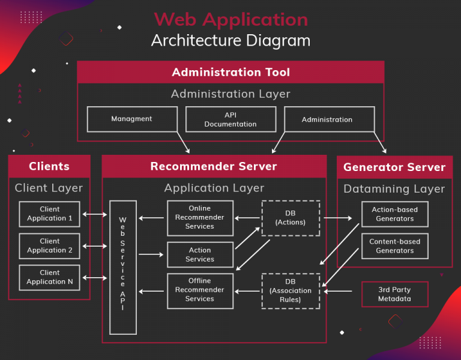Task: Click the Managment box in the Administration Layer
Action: (x=132, y=119)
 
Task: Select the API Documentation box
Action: (x=230, y=119)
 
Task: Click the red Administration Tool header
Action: (x=230, y=73)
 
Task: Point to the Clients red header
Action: (x=49, y=166)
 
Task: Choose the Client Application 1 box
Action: (x=49, y=214)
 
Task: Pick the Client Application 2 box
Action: (x=49, y=245)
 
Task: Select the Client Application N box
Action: (x=49, y=277)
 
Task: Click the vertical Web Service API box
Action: (x=123, y=267)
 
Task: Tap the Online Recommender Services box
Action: (x=200, y=218)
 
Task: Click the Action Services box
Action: (x=200, y=254)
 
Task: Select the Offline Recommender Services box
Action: (x=200, y=290)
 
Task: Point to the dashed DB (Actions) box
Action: (x=291, y=218)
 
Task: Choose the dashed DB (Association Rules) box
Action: (x=291, y=291)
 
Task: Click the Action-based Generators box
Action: (x=395, y=214)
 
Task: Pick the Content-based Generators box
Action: (x=395, y=246)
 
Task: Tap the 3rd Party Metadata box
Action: (x=395, y=294)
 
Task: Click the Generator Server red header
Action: (x=394, y=167)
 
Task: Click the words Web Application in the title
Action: (x=230, y=19)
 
